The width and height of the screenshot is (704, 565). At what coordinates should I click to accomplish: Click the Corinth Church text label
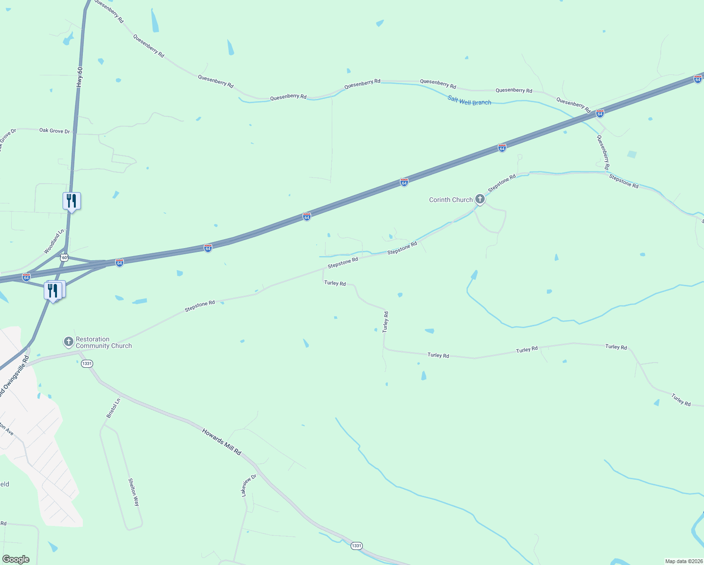click(x=450, y=200)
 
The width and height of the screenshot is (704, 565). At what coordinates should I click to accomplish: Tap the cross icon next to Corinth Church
click(x=480, y=199)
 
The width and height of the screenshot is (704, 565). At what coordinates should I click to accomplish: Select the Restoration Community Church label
click(x=104, y=342)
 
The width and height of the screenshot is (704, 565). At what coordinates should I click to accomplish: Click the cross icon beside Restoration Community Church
click(x=69, y=341)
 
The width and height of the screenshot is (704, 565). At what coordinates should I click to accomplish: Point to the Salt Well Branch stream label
click(x=469, y=100)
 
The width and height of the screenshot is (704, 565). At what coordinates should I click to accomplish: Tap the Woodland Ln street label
click(x=54, y=242)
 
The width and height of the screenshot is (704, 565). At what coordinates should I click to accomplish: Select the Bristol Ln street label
click(x=113, y=408)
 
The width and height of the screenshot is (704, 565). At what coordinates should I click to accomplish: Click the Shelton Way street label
click(x=134, y=492)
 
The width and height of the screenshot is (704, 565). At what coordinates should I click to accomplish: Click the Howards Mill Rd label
click(x=222, y=442)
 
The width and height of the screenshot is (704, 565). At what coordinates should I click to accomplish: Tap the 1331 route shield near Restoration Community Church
click(x=87, y=363)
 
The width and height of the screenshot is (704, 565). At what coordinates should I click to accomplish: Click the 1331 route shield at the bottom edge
click(x=356, y=546)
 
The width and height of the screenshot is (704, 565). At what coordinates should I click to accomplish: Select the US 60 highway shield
click(x=64, y=258)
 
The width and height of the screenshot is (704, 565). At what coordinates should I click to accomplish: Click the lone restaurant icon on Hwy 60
click(x=72, y=201)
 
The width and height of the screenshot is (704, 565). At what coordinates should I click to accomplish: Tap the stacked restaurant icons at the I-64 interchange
click(x=54, y=291)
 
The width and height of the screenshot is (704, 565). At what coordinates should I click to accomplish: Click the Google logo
click(x=16, y=559)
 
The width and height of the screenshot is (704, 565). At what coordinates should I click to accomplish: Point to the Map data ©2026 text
click(x=683, y=561)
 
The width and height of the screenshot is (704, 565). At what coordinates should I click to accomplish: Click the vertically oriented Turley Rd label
click(x=385, y=322)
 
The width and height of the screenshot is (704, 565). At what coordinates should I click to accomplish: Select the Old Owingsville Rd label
click(x=14, y=376)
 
